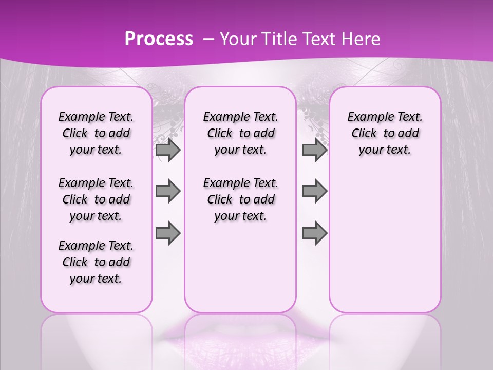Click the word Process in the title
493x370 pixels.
click(159, 39)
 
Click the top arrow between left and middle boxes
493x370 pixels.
click(168, 150)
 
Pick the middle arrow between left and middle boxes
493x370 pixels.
click(168, 191)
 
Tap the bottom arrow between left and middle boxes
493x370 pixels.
click(168, 233)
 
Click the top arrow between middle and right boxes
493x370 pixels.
click(314, 150)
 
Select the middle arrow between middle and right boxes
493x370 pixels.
click(314, 191)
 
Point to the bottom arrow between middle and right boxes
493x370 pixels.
click(314, 233)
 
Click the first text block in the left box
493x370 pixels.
click(96, 133)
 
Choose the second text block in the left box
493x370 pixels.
click(96, 199)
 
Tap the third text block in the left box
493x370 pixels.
click(96, 262)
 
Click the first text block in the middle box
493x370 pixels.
click(240, 133)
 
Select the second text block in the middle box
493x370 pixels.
click(240, 199)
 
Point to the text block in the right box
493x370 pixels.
click(385, 133)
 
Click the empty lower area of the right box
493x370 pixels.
click(385, 242)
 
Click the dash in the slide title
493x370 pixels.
click(208, 39)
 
